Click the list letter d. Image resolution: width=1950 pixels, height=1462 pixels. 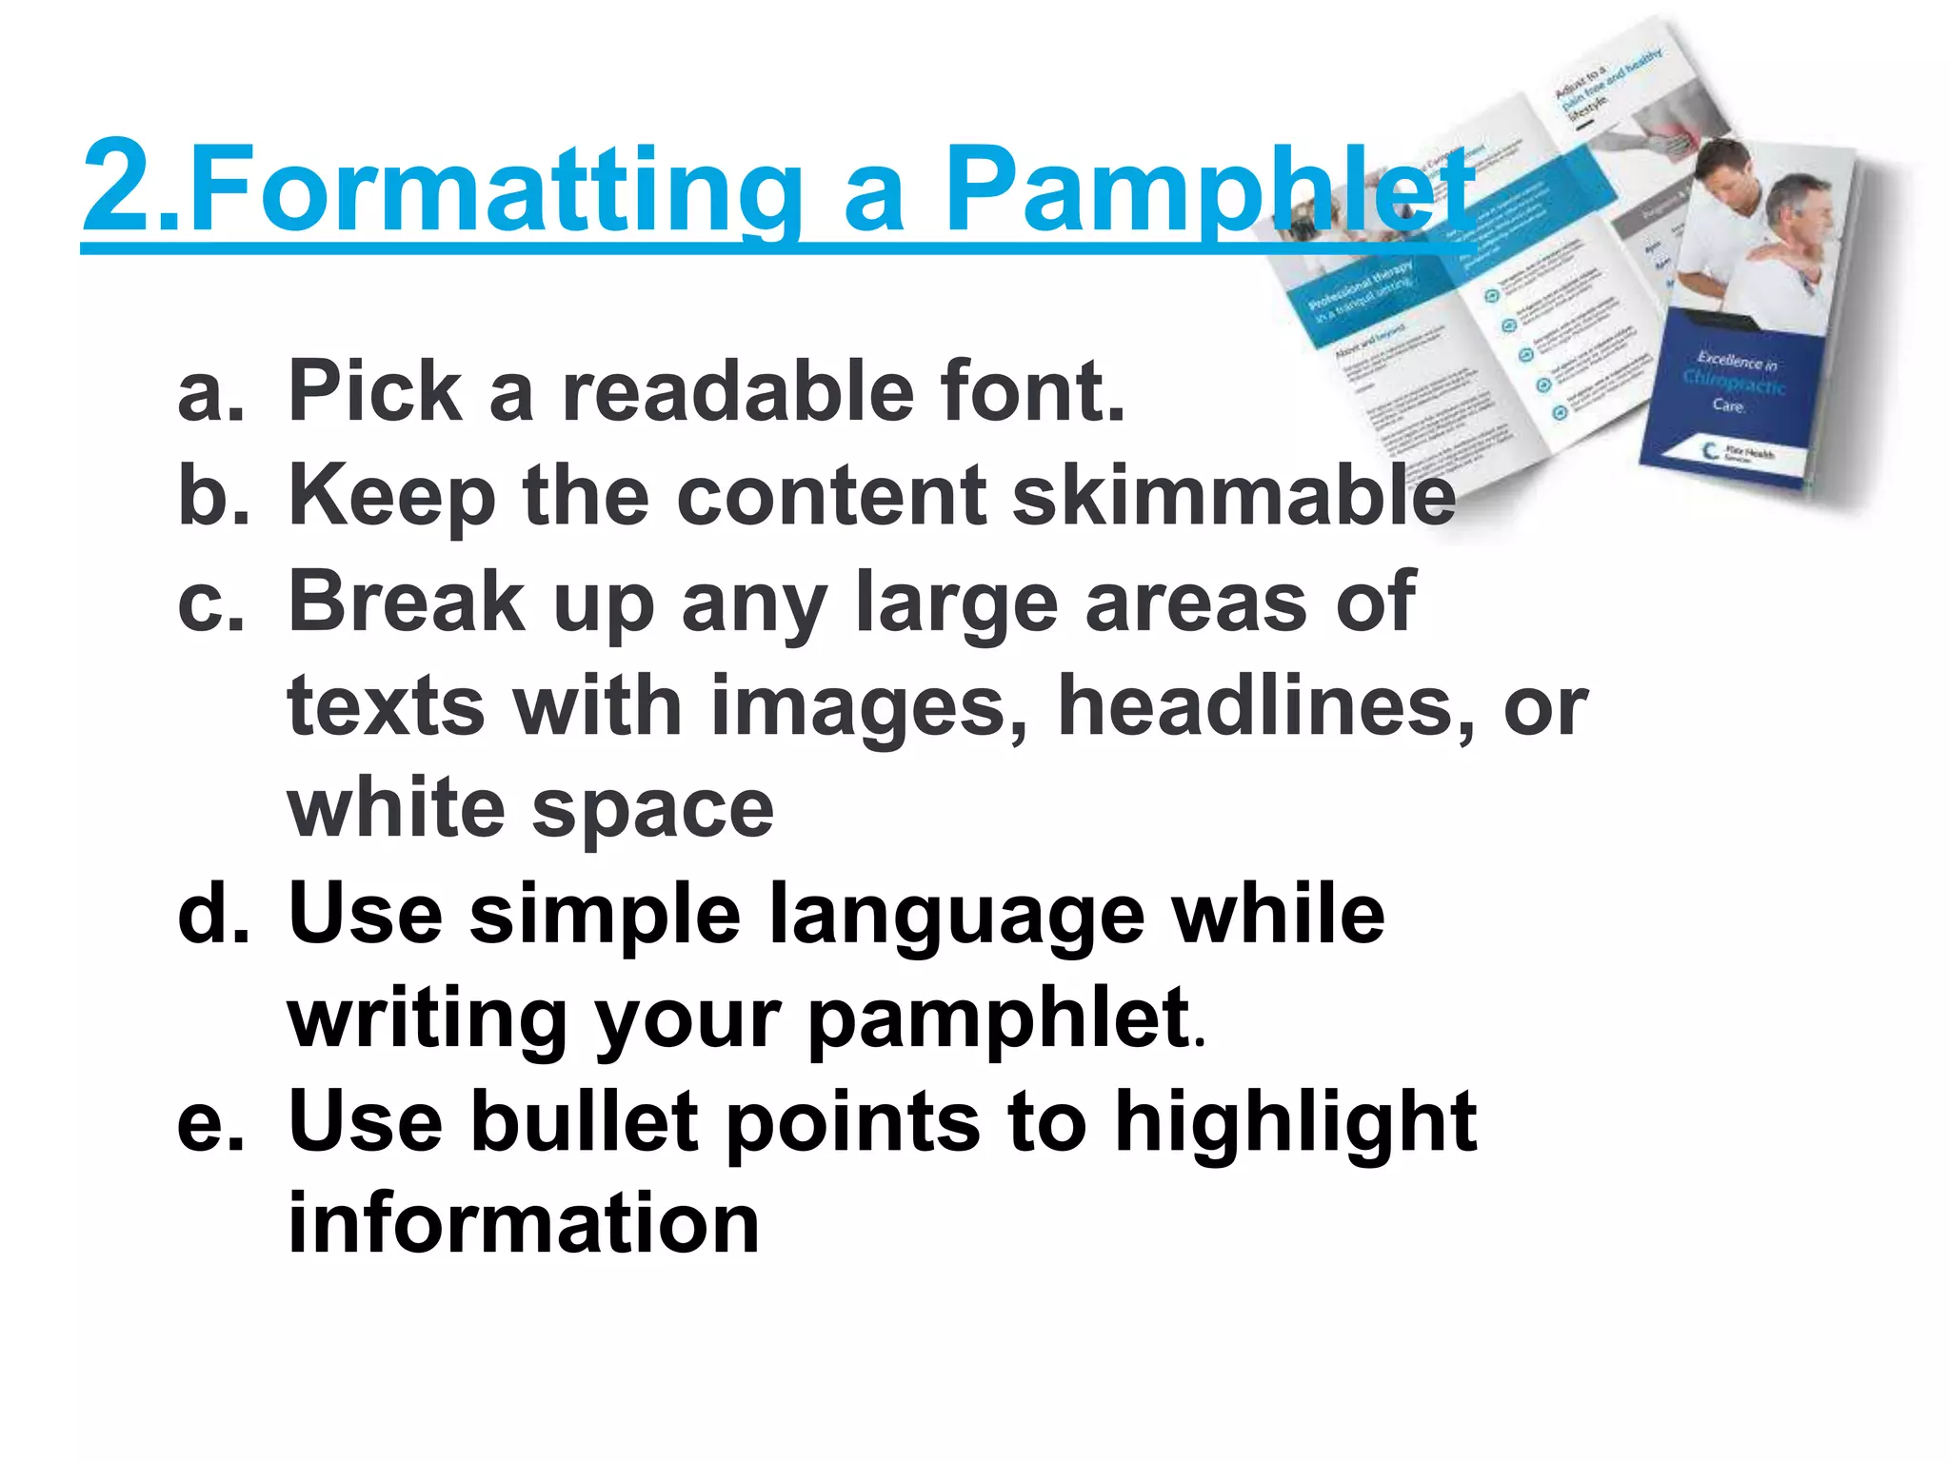pos(212,913)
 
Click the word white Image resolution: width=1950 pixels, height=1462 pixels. pos(395,809)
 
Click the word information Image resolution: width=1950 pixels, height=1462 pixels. pos(523,1224)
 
